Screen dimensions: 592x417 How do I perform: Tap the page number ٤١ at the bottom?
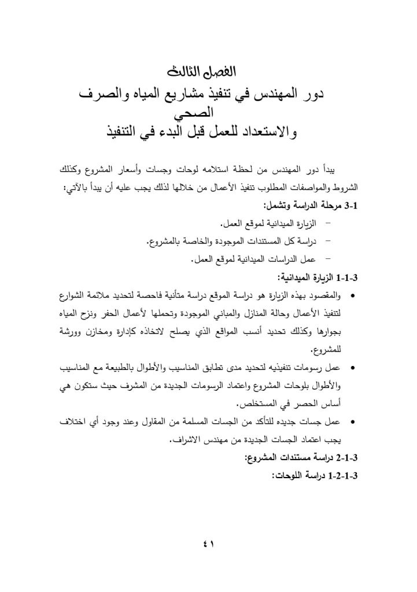pos(208,543)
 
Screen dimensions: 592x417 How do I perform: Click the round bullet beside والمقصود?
pos(353,297)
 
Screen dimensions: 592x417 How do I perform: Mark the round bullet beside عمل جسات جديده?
pos(353,423)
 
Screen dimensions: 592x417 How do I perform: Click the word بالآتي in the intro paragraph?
pos(76,189)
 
